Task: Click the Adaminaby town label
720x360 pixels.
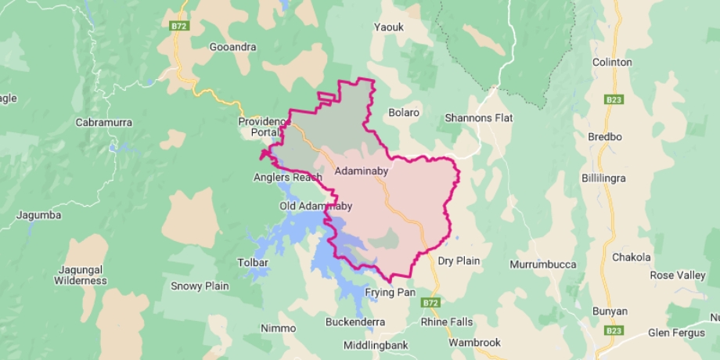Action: point(361,171)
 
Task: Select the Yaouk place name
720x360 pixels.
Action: point(388,27)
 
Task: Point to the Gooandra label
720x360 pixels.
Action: point(232,47)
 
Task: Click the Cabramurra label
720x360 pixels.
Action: point(103,123)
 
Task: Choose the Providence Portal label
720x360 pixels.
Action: point(265,128)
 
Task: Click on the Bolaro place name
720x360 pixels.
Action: point(404,113)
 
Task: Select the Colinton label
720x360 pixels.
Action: point(613,62)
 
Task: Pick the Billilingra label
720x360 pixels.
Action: point(603,178)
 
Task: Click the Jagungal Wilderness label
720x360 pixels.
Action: point(81,275)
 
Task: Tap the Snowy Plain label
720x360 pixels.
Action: point(200,286)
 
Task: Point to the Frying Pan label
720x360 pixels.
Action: point(390,292)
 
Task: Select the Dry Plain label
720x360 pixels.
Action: point(459,261)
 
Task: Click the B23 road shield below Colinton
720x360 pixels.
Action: point(614,100)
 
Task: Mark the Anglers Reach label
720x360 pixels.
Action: point(287,178)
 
